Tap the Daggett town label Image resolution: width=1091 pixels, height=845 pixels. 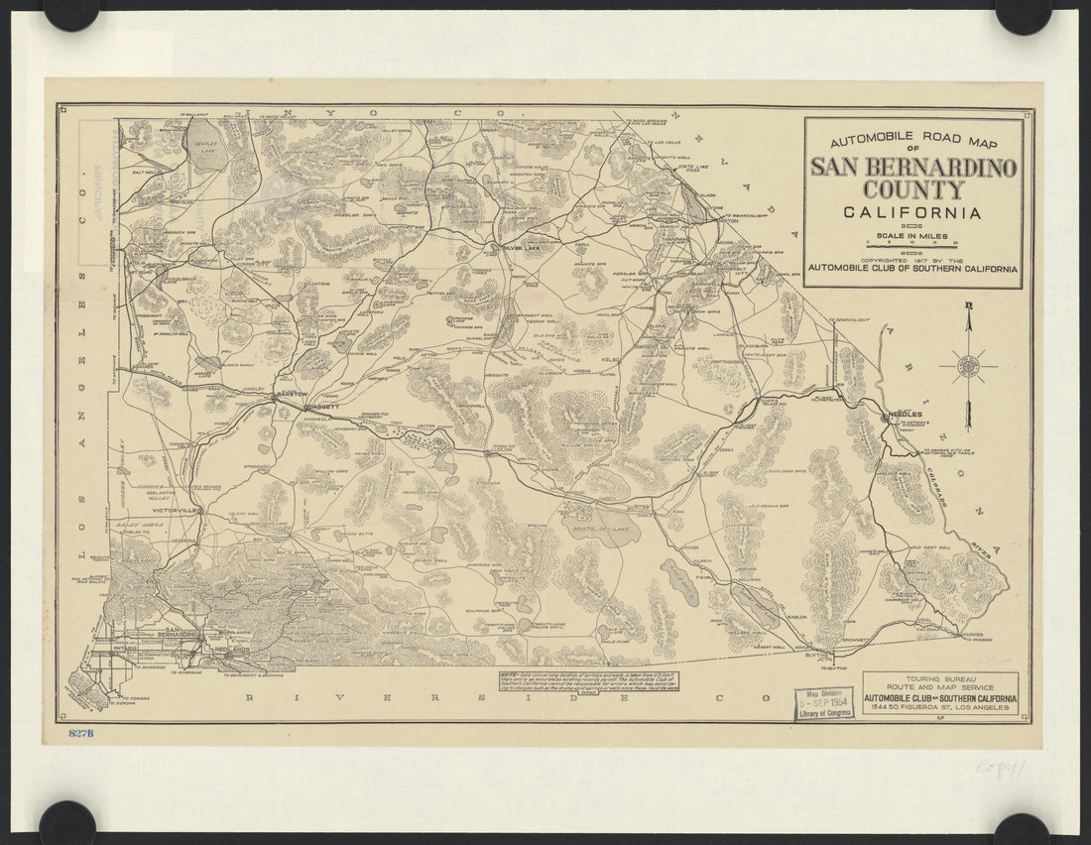click(x=323, y=407)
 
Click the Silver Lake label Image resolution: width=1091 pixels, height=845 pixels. click(x=522, y=248)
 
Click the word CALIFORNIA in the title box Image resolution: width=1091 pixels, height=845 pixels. click(x=912, y=212)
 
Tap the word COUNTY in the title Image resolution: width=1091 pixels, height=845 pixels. click(x=912, y=189)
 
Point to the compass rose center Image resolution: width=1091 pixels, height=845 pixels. click(x=969, y=366)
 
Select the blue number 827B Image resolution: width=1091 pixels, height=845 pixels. click(x=81, y=733)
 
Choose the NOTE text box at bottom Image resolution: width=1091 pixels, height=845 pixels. click(x=592, y=682)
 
